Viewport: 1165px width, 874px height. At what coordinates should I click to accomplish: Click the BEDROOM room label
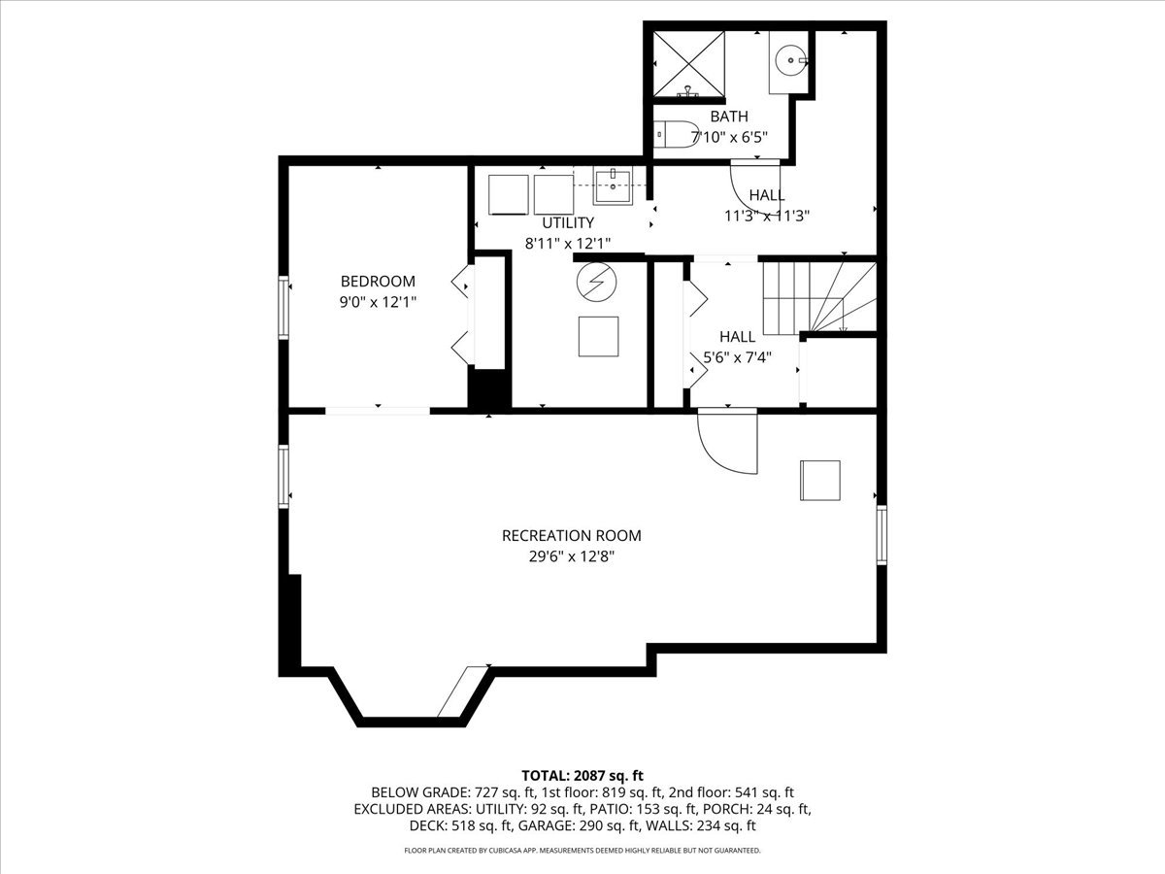tap(378, 281)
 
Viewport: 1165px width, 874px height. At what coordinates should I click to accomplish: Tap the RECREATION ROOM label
tap(572, 535)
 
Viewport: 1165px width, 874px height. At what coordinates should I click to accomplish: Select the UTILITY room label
tap(568, 222)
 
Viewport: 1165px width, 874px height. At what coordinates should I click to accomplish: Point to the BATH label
tap(729, 117)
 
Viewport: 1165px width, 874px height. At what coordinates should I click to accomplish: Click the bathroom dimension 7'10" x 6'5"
tap(729, 138)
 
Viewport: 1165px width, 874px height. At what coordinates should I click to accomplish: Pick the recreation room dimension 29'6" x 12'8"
tap(572, 556)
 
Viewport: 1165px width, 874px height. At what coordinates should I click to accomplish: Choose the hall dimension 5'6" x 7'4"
tap(737, 357)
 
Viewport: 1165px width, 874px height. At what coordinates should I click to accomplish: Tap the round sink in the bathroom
tap(791, 60)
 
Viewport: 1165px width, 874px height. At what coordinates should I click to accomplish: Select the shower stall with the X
tap(689, 64)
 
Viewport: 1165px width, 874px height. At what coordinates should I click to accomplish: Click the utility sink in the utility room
tap(613, 186)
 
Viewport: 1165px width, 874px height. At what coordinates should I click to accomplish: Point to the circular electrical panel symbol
tap(596, 283)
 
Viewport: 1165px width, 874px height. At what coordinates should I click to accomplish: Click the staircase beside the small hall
tap(819, 298)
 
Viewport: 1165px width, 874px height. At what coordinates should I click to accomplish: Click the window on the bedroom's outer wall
tap(283, 307)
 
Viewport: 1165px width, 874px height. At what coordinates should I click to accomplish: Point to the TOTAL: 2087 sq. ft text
tap(582, 776)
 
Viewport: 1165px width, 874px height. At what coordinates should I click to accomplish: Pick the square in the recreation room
tap(820, 481)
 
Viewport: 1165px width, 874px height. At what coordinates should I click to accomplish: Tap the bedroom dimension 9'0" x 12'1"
tap(378, 302)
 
